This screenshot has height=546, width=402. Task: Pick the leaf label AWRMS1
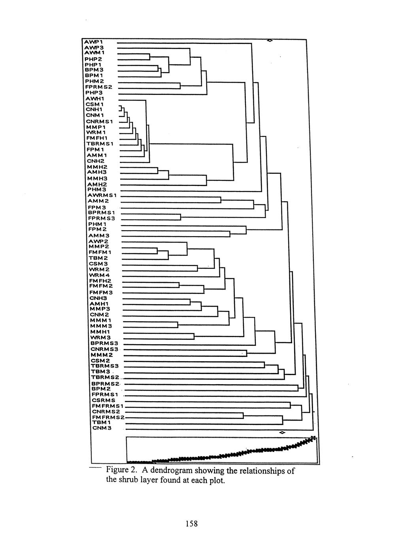click(x=101, y=195)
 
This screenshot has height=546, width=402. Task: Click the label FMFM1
click(x=100, y=252)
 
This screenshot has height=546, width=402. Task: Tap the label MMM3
click(x=101, y=326)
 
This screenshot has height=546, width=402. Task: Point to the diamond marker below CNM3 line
click(x=281, y=432)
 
